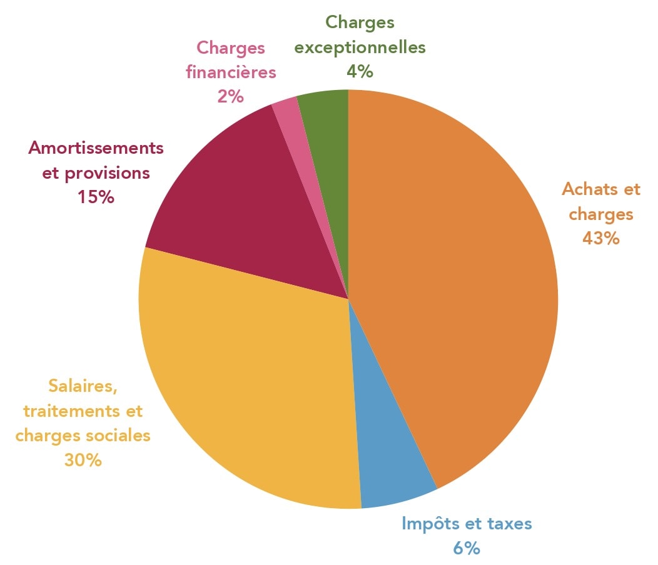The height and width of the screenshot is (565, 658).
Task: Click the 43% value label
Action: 600,238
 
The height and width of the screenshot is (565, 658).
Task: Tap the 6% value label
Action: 466,548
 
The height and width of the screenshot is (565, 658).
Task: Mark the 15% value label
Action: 96,197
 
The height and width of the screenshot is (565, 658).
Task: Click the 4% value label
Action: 360,71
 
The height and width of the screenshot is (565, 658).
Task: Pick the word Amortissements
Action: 96,148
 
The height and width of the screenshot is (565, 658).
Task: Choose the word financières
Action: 230,72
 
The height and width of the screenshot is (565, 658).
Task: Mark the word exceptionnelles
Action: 360,47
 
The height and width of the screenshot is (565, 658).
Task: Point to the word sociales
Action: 123,435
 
